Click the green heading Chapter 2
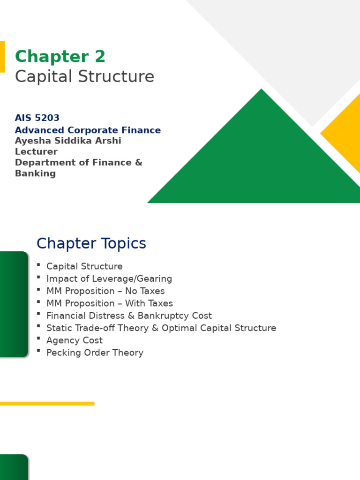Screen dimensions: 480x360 tap(60, 57)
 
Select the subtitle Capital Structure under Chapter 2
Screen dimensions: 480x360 tap(84, 77)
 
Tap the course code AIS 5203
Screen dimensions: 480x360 tap(37, 118)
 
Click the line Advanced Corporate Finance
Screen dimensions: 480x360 tap(88, 130)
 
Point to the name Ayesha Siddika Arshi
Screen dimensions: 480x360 tap(68, 141)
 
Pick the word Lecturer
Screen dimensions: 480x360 tap(36, 152)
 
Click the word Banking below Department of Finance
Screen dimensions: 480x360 tap(35, 173)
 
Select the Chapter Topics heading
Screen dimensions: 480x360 tap(91, 244)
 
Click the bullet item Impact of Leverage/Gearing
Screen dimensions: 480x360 tap(109, 279)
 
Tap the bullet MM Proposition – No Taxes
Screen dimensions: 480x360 tap(105, 291)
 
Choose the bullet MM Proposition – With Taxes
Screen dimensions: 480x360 tap(110, 303)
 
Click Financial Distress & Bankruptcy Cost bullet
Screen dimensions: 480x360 tap(129, 316)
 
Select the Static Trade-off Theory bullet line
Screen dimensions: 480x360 tap(161, 328)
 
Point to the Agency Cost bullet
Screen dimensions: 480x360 tap(74, 340)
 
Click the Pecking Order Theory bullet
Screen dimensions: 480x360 tap(95, 353)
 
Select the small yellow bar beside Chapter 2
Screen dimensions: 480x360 tap(2, 57)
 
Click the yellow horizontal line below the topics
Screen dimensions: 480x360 tap(47, 404)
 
